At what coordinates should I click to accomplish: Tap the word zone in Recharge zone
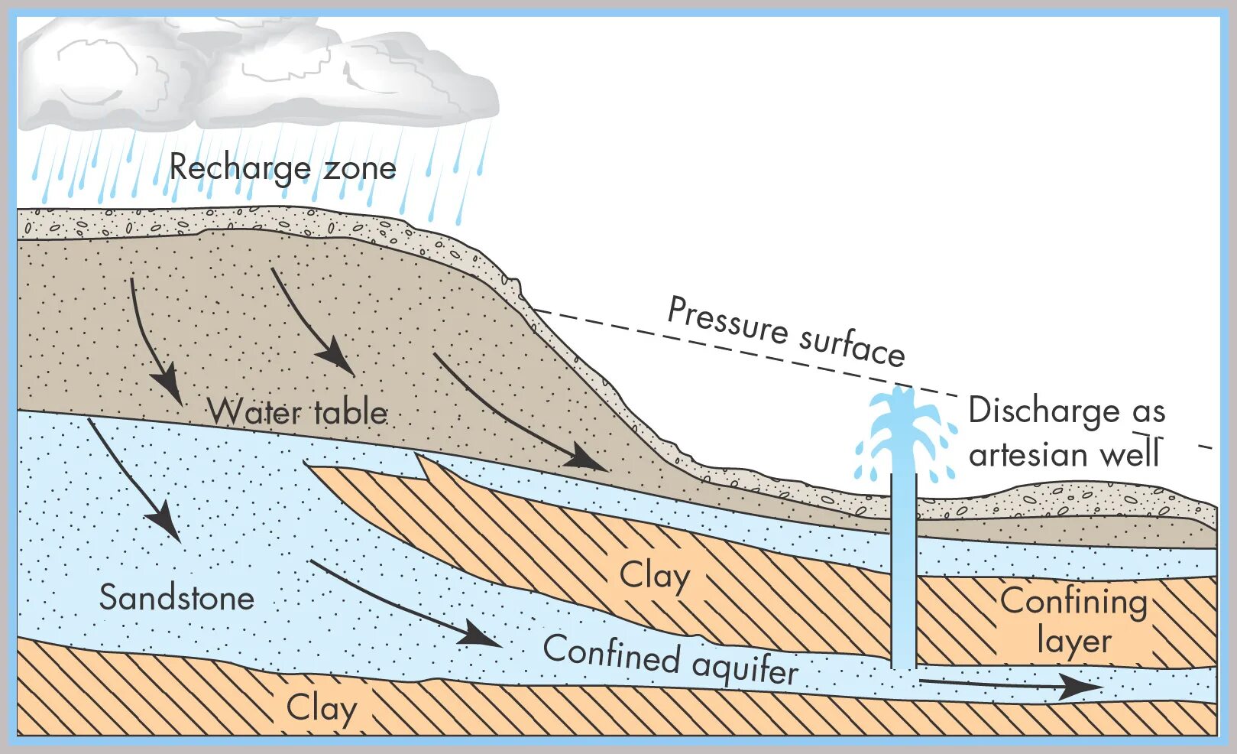(x=360, y=167)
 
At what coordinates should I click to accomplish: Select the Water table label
(x=298, y=413)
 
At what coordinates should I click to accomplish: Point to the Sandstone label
(x=176, y=598)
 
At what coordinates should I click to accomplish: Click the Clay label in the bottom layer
(x=321, y=708)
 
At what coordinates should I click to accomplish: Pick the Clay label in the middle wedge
(x=654, y=576)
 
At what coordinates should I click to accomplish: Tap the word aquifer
(x=745, y=668)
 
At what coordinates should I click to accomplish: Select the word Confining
(x=1073, y=602)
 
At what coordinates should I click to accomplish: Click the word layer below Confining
(x=1073, y=641)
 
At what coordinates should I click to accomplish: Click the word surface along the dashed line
(x=852, y=345)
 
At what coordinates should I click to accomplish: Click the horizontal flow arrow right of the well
(x=1009, y=684)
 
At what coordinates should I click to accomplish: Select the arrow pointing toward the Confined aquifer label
(x=405, y=604)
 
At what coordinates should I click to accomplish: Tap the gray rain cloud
(x=252, y=73)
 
